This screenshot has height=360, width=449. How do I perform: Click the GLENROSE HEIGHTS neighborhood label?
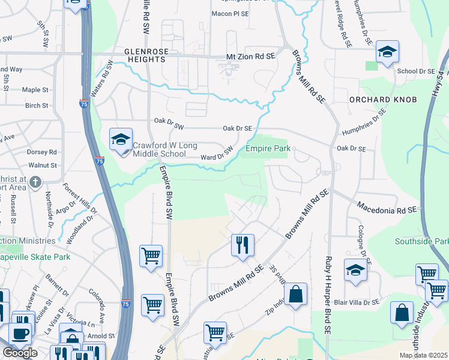pyautogui.click(x=145, y=56)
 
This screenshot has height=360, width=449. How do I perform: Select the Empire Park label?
pyautogui.click(x=268, y=148)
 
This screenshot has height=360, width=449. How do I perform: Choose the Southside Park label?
pyautogui.click(x=421, y=241)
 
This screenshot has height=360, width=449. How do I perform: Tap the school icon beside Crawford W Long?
pyautogui.click(x=121, y=141)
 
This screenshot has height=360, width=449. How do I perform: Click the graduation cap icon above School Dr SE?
pyautogui.click(x=387, y=52)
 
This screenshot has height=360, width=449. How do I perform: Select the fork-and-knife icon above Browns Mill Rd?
pyautogui.click(x=243, y=245)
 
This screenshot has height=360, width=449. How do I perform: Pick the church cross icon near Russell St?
pyautogui.click(x=35, y=181)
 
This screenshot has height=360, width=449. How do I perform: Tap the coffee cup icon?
pyautogui.click(x=20, y=334)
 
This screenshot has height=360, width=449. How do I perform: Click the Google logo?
pyautogui.click(x=20, y=353)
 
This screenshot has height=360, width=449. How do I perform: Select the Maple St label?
pyautogui.click(x=35, y=90)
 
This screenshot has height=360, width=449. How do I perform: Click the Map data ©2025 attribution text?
pyautogui.click(x=423, y=355)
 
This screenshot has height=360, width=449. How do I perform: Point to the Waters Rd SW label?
pyautogui.click(x=101, y=79)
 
